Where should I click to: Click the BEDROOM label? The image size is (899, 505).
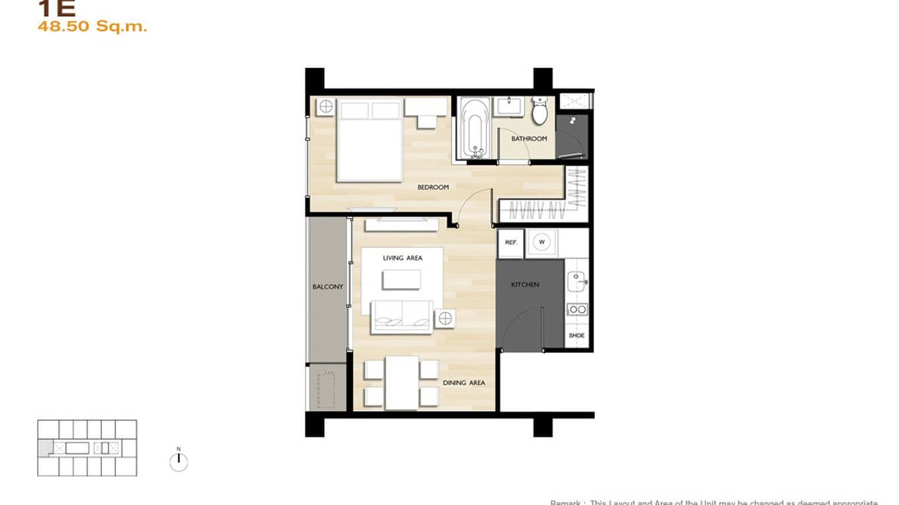(433, 187)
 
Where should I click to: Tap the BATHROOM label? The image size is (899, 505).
(529, 139)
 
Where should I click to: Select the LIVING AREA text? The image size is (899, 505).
(403, 258)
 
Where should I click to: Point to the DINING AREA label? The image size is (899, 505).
(464, 383)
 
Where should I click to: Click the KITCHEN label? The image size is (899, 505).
(525, 285)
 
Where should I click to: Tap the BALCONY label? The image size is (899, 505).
(328, 287)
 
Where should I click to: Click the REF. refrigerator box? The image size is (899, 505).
(510, 242)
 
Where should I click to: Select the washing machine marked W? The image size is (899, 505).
(542, 242)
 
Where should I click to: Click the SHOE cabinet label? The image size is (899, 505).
(576, 336)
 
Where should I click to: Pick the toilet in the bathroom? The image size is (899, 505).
(540, 111)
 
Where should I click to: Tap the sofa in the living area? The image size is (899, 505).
(402, 317)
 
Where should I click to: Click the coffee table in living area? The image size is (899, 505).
(402, 279)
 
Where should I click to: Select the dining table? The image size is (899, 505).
(401, 382)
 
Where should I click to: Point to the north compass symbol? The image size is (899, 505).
(179, 461)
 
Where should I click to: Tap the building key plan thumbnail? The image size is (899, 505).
(87, 447)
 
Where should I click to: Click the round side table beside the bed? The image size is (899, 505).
(326, 106)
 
